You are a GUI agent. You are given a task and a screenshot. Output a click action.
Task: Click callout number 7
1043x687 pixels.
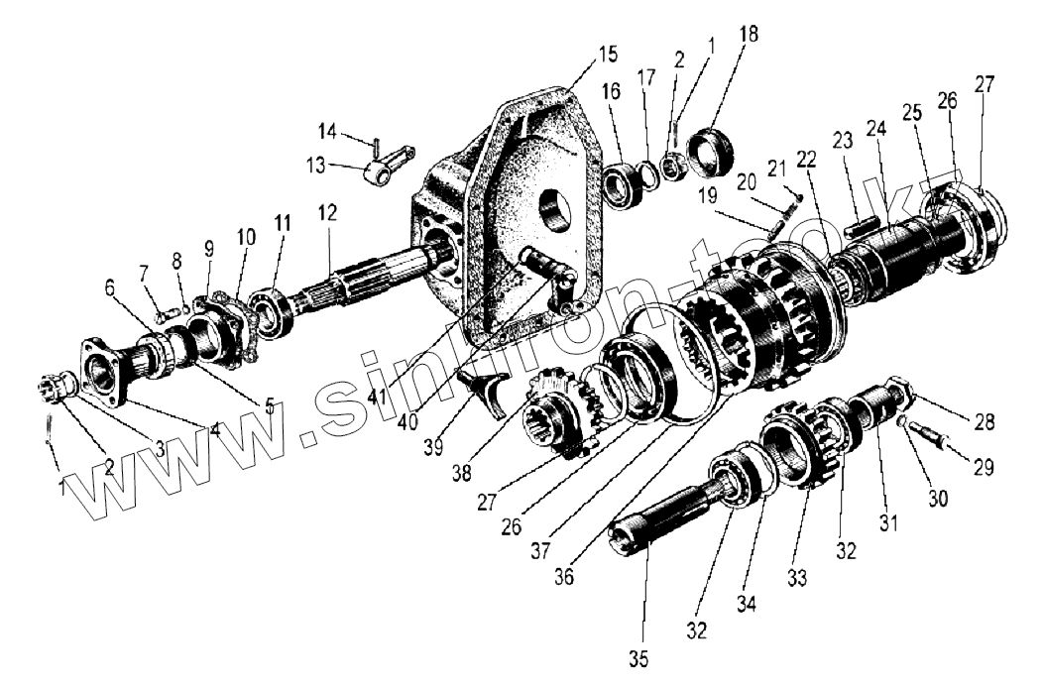(x=144, y=273)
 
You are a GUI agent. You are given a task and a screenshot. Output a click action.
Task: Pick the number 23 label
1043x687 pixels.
(x=844, y=142)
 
